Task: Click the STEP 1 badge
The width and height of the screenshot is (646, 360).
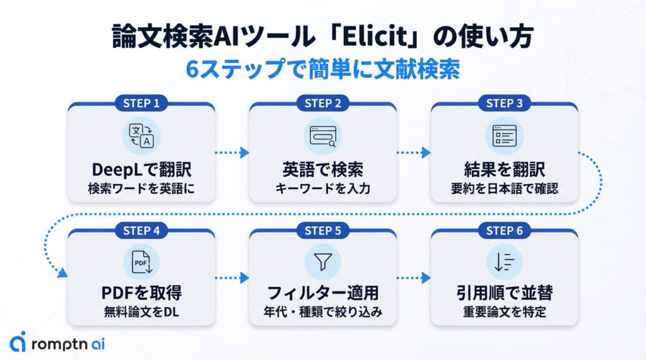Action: [141, 103]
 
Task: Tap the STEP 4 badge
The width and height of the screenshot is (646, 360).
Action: [141, 231]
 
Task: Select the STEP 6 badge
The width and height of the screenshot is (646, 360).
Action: [504, 231]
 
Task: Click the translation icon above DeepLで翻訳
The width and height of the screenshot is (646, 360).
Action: [141, 136]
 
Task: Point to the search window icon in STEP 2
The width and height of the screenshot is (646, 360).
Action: [322, 136]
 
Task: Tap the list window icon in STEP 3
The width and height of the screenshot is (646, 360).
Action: [504, 136]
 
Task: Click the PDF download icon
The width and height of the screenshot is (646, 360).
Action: [141, 262]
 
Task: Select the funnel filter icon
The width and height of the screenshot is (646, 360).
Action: [322, 262]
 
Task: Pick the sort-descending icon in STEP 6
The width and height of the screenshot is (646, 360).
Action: [504, 262]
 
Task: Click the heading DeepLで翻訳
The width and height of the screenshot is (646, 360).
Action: [141, 170]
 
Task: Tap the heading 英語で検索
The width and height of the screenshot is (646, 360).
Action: [322, 170]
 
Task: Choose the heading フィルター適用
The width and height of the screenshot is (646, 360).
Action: [322, 294]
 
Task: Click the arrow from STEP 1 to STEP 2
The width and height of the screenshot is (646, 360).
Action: [232, 153]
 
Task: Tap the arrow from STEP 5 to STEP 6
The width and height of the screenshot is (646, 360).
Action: [413, 277]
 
